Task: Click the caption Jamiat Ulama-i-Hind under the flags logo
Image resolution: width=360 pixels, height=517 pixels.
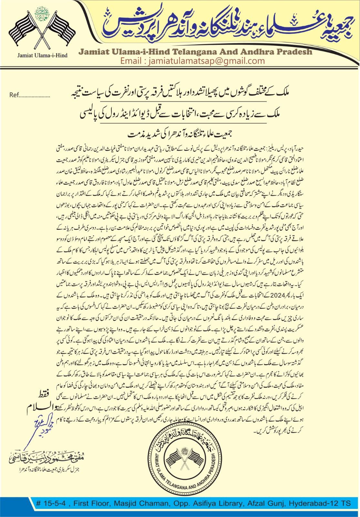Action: coord(42,55)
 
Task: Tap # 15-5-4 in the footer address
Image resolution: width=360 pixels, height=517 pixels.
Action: coord(52,503)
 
